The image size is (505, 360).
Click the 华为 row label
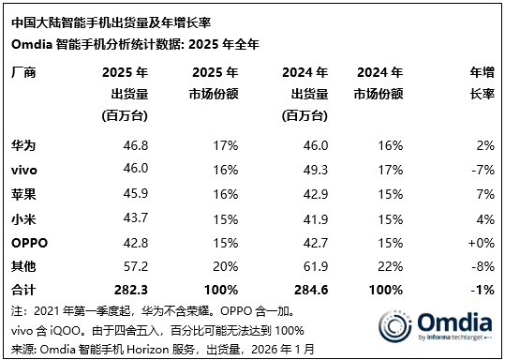point(22,146)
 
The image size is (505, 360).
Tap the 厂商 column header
point(22,71)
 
